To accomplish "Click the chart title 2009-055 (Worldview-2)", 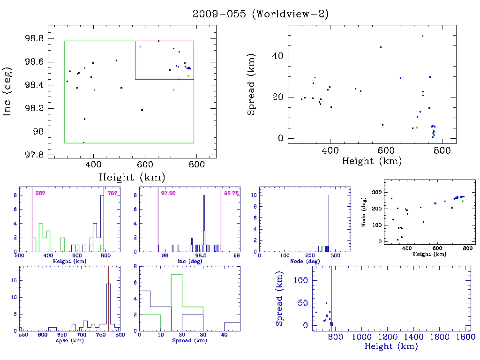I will pos(261,14).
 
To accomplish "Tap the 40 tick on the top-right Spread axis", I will pos(278,56).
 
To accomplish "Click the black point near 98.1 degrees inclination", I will pos(84,119).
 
